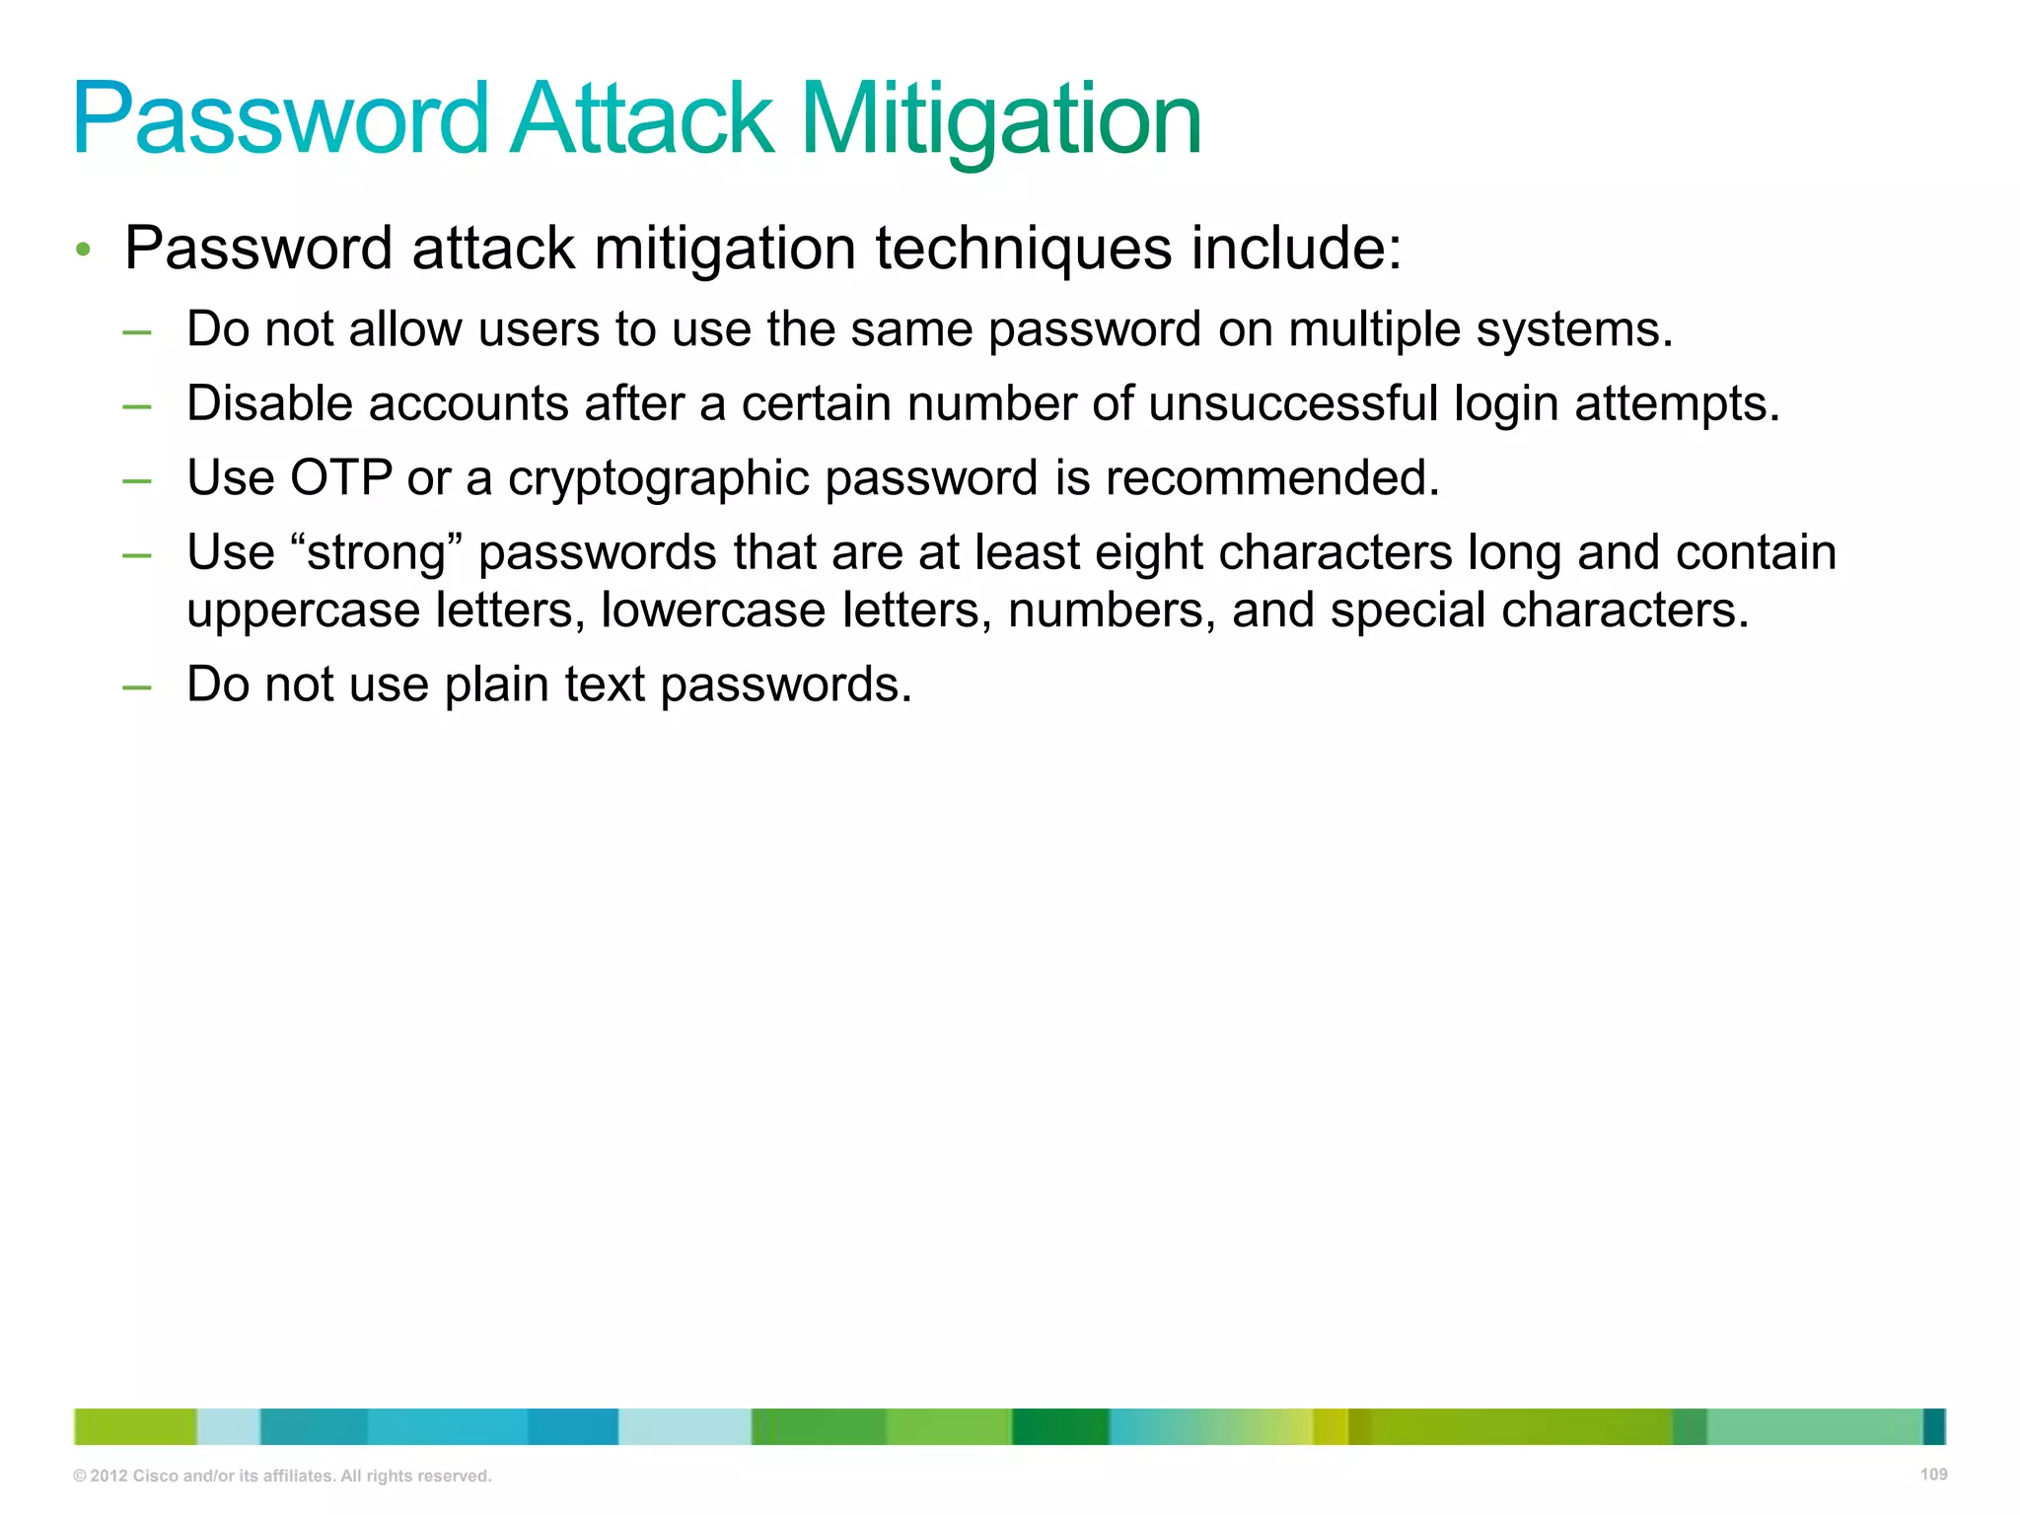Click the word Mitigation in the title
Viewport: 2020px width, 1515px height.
click(x=1000, y=120)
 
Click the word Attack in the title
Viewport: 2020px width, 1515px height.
click(x=642, y=120)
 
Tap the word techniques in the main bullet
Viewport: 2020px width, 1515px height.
click(x=1023, y=248)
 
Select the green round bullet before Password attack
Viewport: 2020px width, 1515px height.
click(x=84, y=250)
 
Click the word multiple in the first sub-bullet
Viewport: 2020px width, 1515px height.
click(x=1374, y=329)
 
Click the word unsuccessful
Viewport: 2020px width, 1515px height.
click(x=1292, y=403)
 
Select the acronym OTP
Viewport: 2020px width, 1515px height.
click(x=340, y=478)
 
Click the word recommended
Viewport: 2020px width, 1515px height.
click(x=1271, y=478)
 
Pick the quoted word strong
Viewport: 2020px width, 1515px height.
click(x=378, y=553)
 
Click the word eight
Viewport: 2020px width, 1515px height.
click(x=1148, y=553)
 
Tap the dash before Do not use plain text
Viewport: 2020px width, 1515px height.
click(x=137, y=686)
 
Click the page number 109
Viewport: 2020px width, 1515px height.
click(x=1933, y=1475)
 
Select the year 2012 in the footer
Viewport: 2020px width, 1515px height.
click(x=108, y=1476)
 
